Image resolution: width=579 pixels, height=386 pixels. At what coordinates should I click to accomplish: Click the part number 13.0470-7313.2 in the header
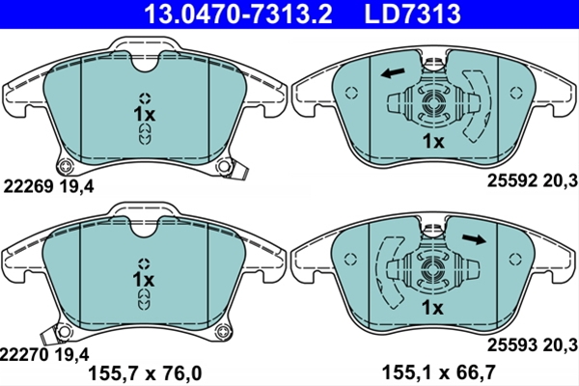point(237,14)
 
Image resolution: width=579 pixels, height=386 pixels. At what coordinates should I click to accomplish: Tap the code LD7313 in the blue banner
point(412,14)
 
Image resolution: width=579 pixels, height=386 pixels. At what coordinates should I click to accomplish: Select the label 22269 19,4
point(48,186)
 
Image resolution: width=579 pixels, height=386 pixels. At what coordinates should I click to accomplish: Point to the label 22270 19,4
point(44,355)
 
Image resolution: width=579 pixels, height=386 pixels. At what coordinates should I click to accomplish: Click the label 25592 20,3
point(532,181)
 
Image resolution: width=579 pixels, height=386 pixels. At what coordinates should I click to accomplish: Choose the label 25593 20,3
point(532,345)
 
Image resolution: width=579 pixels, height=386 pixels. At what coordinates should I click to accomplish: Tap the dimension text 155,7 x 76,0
point(145,373)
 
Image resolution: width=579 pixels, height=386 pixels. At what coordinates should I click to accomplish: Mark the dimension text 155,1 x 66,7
point(438,372)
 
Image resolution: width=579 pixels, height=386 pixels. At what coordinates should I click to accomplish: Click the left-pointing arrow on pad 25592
point(393,72)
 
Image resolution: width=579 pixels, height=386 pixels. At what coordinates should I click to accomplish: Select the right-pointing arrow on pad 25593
point(474,239)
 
